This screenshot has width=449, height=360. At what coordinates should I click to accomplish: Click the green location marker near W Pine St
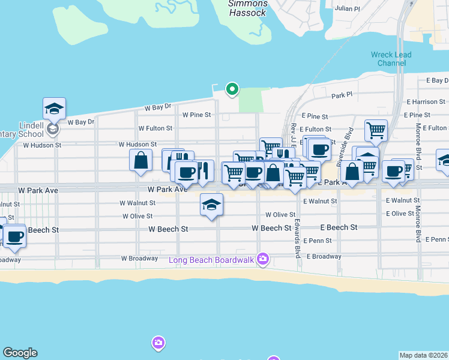[232, 89]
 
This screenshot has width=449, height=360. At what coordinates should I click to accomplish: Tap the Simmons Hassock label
[247, 8]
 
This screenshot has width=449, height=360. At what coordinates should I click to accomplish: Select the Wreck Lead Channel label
[391, 59]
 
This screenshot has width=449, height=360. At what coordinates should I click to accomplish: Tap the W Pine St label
[197, 115]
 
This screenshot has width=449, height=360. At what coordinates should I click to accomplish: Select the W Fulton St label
[155, 128]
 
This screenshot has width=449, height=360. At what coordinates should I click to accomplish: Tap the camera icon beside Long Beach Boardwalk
[262, 259]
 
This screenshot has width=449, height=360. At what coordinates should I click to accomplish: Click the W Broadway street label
[139, 259]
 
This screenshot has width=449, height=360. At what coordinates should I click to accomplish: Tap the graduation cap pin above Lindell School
[54, 109]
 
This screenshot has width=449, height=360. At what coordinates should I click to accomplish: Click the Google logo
[20, 353]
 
